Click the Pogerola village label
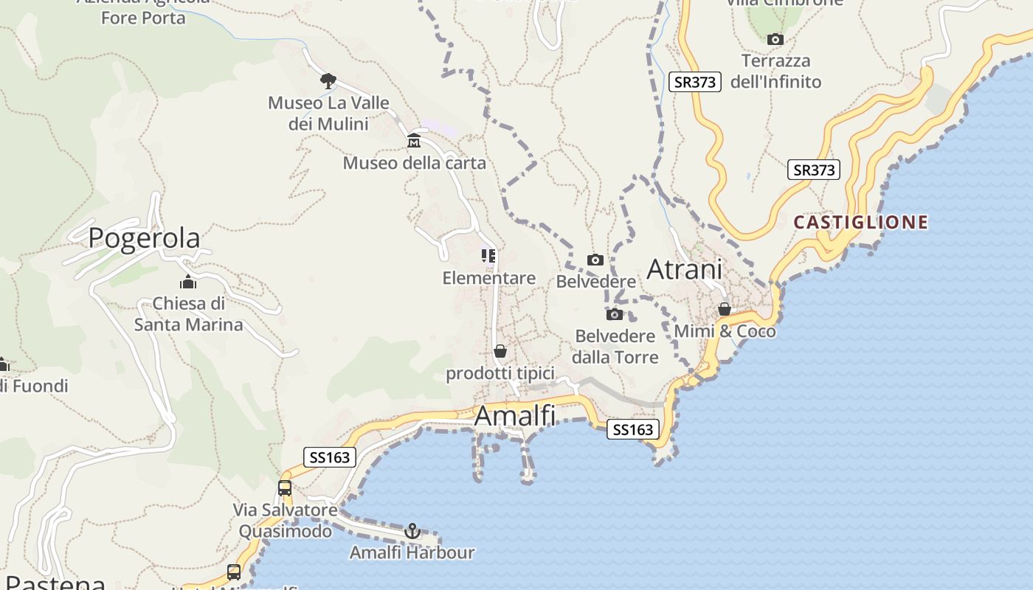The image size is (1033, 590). pyautogui.click(x=144, y=238)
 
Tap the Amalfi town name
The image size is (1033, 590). pyautogui.click(x=515, y=416)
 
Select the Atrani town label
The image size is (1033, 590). pyautogui.click(x=684, y=270)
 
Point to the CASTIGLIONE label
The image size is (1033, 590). pyautogui.click(x=860, y=222)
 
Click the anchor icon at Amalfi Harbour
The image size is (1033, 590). pyautogui.click(x=412, y=531)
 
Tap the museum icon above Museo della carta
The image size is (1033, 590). pyautogui.click(x=414, y=141)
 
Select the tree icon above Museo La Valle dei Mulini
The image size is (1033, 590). pyautogui.click(x=328, y=80)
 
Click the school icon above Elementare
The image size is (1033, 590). pyautogui.click(x=488, y=256)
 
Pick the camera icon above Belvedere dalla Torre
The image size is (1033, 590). pyautogui.click(x=615, y=314)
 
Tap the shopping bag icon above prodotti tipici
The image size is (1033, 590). pyautogui.click(x=500, y=351)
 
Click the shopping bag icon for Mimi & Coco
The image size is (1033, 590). pyautogui.click(x=725, y=309)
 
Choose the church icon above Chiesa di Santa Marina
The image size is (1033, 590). pyautogui.click(x=188, y=282)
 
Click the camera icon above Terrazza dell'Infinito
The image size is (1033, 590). pyautogui.click(x=775, y=39)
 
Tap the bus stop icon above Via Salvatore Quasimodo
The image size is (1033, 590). pyautogui.click(x=285, y=487)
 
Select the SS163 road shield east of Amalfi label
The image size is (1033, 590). pyautogui.click(x=632, y=429)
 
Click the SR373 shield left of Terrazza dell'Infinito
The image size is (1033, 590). pyautogui.click(x=694, y=82)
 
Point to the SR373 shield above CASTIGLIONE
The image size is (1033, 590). pyautogui.click(x=813, y=170)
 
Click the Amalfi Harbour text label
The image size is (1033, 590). pyautogui.click(x=412, y=552)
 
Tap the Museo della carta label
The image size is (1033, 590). pyautogui.click(x=415, y=163)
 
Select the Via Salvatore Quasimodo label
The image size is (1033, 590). pyautogui.click(x=286, y=520)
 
